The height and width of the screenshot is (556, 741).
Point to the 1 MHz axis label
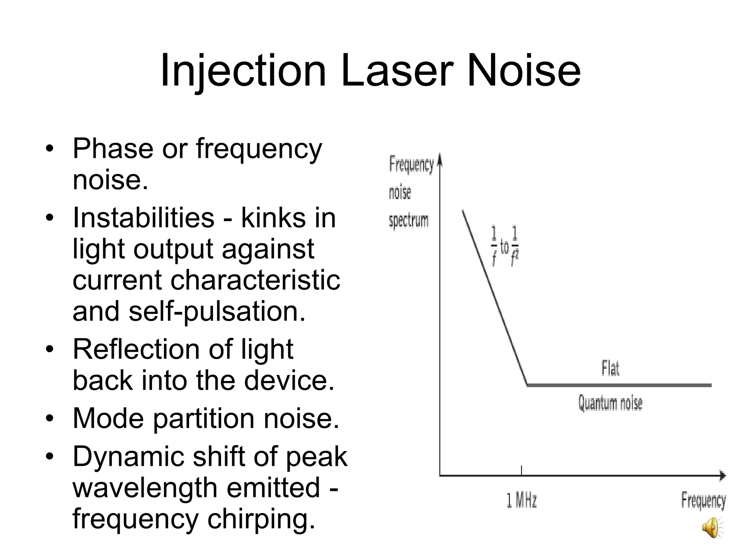click(521, 501)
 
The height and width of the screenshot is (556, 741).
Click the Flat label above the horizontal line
click(610, 368)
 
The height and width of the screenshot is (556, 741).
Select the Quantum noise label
click(610, 403)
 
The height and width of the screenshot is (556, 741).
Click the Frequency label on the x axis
click(703, 501)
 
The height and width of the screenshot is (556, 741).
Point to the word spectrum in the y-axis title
click(408, 220)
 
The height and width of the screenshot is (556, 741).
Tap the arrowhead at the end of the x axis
click(722, 475)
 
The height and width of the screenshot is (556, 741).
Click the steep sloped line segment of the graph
click(495, 297)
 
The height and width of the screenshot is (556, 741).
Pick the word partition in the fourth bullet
click(203, 418)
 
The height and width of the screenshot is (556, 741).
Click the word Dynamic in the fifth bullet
click(128, 456)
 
